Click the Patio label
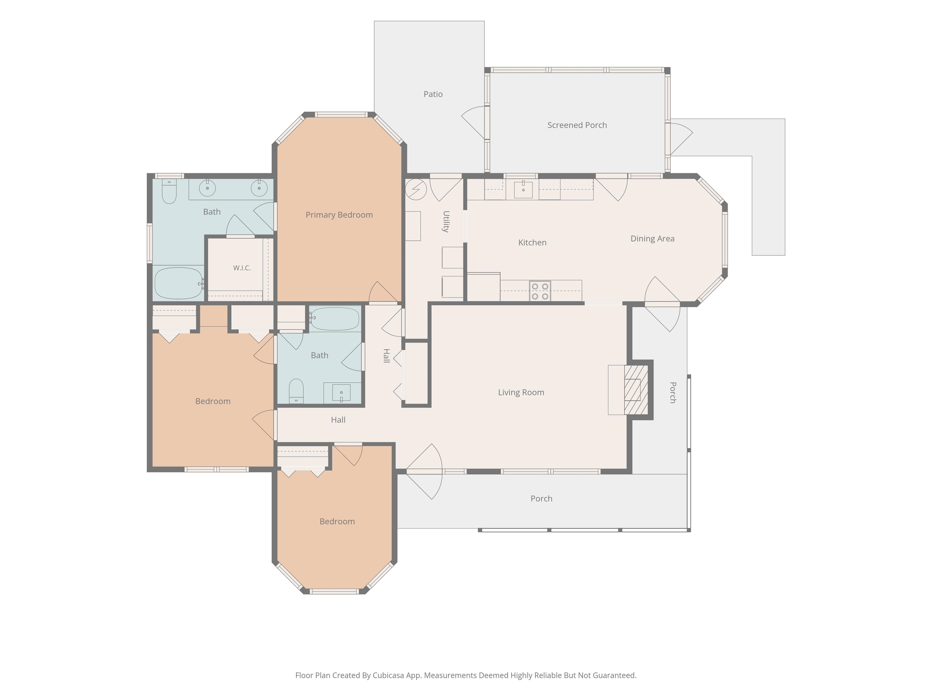coord(433,94)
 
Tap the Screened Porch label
coord(577,125)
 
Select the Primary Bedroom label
coord(339,215)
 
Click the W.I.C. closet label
coord(242,268)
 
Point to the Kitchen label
coord(532,243)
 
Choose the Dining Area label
coord(652,239)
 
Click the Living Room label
coord(521,393)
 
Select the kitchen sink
coord(523,190)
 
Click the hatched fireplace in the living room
coord(636,390)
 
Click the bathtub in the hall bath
coord(335,319)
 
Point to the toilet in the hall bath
coord(296,391)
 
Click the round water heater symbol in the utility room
coord(416,190)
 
